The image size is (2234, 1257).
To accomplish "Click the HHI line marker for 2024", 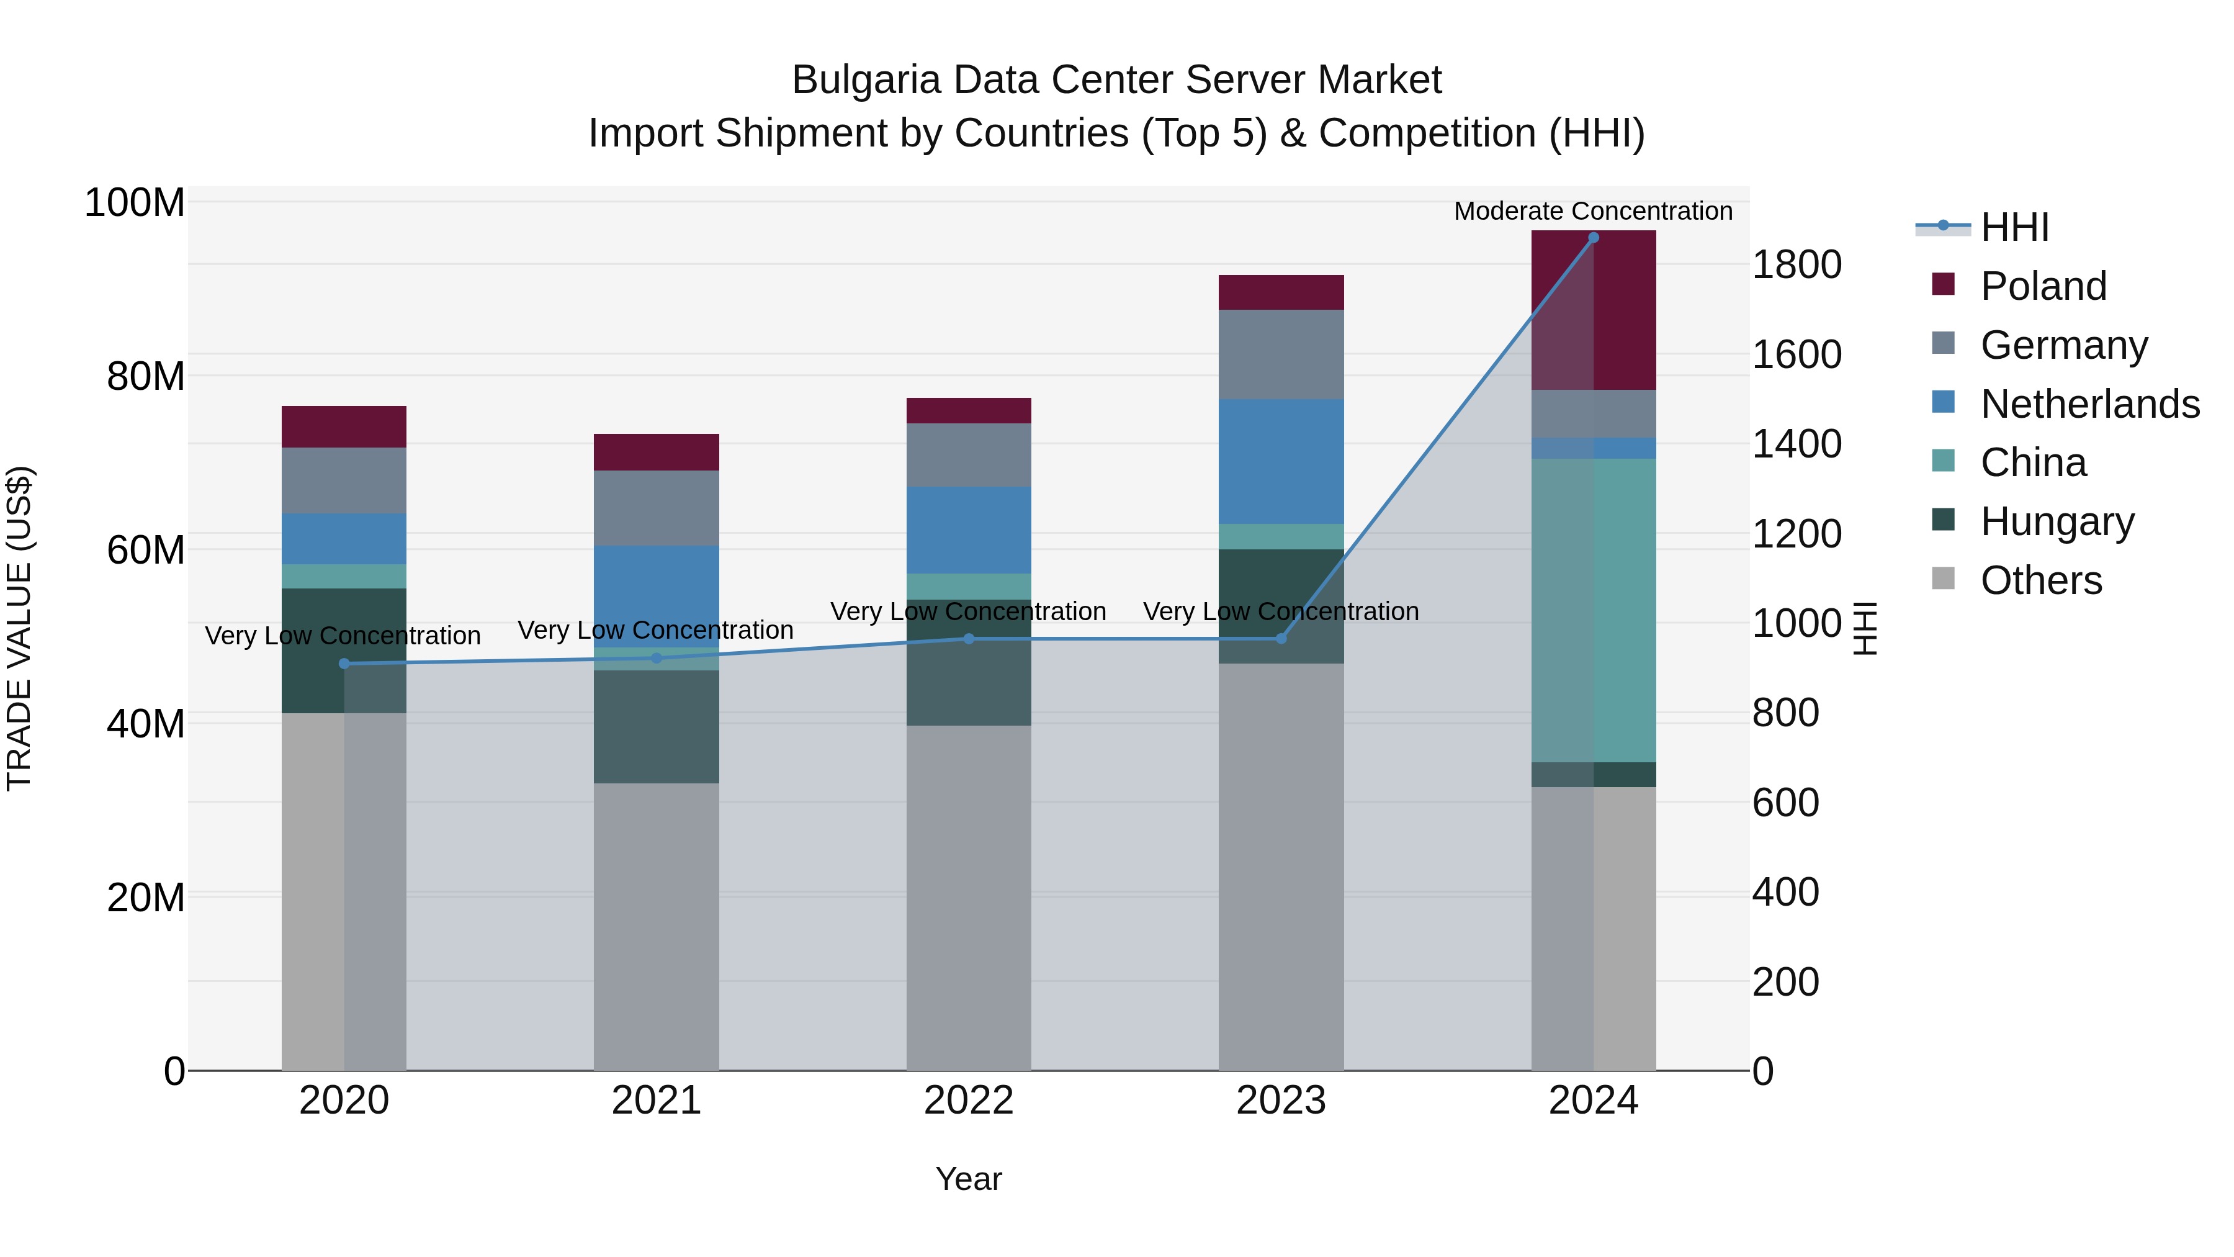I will coord(1593,238).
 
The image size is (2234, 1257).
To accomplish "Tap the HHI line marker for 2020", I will coord(344,664).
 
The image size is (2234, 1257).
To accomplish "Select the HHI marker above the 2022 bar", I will coord(969,639).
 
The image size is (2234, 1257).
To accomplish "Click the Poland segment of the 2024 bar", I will coord(1593,310).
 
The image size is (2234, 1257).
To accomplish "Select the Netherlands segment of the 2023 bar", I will coord(1281,461).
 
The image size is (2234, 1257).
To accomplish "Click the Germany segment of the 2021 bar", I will coord(657,508).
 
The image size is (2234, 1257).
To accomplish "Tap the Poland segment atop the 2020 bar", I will coord(344,427).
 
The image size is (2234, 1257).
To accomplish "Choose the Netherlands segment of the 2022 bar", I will coord(969,530).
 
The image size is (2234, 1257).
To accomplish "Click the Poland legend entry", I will coord(2042,286).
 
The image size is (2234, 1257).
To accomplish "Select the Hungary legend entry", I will coord(2057,521).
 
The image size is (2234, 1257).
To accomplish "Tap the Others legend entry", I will coord(2040,580).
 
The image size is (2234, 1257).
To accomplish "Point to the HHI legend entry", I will coord(2014,227).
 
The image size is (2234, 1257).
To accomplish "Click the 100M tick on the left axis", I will coord(135,203).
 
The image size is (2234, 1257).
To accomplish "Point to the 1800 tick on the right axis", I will coord(1796,264).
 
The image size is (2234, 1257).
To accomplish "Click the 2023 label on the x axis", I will coord(1281,1101).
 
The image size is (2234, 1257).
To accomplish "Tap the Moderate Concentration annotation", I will coord(1593,211).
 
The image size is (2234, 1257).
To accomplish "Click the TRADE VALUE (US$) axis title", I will coord(19,628).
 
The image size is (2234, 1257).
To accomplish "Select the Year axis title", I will coord(969,1179).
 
